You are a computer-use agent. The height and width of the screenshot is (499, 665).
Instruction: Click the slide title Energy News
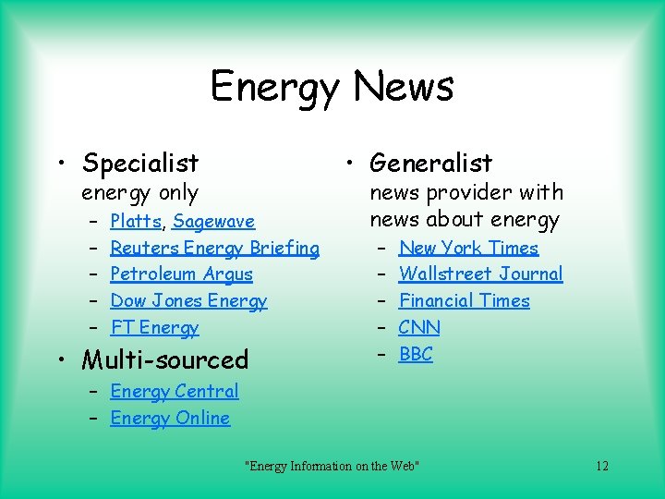point(332,87)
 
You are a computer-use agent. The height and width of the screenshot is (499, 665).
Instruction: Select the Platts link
point(136,222)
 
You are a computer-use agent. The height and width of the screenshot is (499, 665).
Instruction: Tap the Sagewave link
point(213,222)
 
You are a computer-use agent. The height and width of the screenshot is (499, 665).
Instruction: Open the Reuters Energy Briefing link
point(214,248)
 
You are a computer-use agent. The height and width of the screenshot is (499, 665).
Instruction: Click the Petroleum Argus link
point(181,274)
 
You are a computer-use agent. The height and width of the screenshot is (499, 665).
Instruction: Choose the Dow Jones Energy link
point(188,301)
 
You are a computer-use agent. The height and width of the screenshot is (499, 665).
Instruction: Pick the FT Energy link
point(154,328)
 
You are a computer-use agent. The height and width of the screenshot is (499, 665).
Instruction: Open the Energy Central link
point(174,392)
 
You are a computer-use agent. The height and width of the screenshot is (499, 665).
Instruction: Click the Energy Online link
point(170,419)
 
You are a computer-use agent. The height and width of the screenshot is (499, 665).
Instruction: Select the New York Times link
point(468,248)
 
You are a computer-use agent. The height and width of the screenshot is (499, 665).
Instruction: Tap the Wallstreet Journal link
point(480,274)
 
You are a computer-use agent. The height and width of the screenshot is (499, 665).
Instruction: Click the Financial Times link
point(464,301)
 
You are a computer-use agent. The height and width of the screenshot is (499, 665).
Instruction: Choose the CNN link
point(419,328)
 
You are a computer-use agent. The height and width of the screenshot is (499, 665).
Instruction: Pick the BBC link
point(416,355)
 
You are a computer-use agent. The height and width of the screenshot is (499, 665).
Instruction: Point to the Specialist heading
point(140,164)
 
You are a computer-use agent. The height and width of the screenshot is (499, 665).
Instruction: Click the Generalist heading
point(430,164)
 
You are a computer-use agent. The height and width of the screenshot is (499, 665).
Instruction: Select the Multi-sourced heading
point(165,359)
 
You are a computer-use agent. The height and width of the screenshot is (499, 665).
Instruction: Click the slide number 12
point(601,466)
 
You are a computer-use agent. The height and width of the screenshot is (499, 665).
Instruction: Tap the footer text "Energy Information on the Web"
point(332,466)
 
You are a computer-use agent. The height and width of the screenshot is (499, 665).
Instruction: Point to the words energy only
point(139,193)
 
